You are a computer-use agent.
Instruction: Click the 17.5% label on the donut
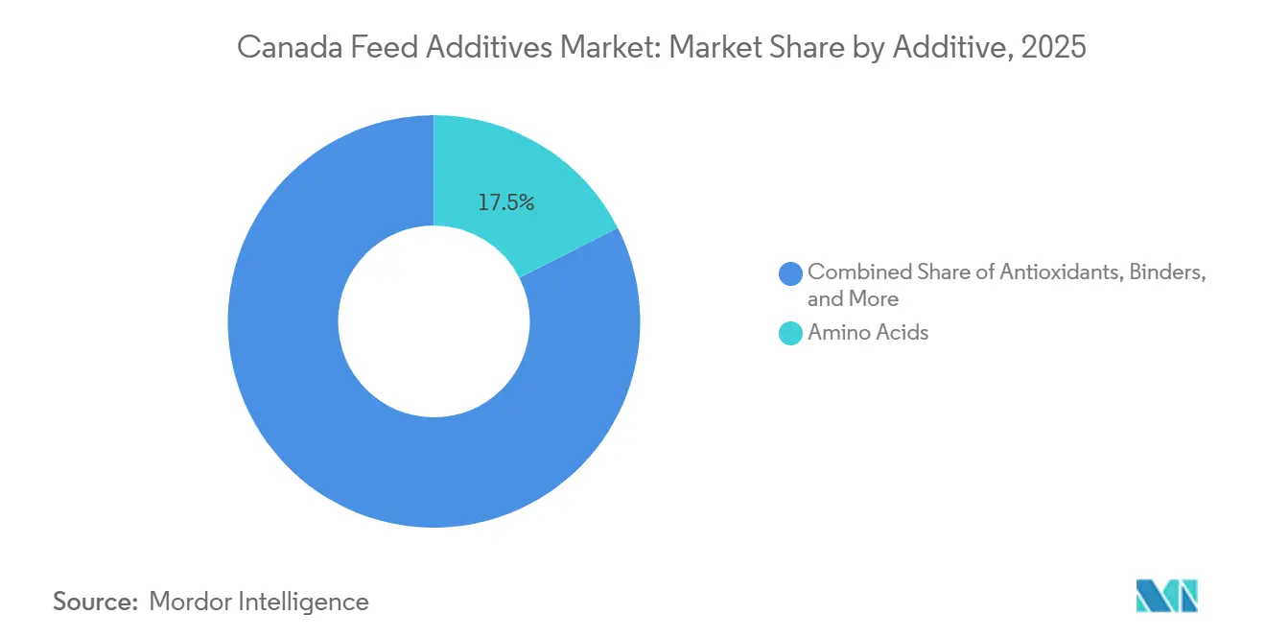505,202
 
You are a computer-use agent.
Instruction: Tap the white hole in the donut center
434,321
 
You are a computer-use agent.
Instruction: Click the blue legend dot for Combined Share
791,273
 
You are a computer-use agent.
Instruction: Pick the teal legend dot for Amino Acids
791,334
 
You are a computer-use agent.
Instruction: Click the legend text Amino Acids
868,333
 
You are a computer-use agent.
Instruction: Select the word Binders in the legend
1167,272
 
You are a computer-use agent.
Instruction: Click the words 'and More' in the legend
853,299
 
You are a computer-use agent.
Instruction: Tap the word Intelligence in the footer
308,602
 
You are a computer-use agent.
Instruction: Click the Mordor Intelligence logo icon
1166,596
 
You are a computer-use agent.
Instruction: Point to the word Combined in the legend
854,272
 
